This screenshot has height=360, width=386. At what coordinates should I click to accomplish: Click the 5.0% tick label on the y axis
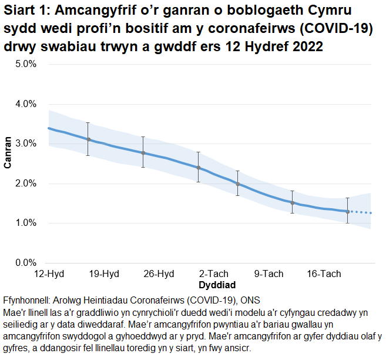pos(26,64)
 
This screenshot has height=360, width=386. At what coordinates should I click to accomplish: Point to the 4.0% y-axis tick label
pos(26,104)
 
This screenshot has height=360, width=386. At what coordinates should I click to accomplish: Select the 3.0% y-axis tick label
pos(26,144)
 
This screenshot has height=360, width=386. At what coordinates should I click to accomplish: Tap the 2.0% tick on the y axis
pos(26,184)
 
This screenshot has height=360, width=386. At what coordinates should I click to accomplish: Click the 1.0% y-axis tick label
pos(26,223)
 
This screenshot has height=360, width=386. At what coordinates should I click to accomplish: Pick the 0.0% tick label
pos(26,263)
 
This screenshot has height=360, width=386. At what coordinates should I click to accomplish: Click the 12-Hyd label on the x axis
pos(49,274)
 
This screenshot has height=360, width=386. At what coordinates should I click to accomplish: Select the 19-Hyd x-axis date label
pos(104,274)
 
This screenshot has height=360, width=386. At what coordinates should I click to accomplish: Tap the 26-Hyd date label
pos(159,274)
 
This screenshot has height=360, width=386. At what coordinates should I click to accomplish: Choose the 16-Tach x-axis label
pos(324,274)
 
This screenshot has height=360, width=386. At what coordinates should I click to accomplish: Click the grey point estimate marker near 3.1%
pos(88,139)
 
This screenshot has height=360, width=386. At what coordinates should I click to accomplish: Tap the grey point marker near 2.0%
pos(238,184)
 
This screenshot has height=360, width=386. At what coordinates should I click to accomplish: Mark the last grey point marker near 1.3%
pos(348,211)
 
